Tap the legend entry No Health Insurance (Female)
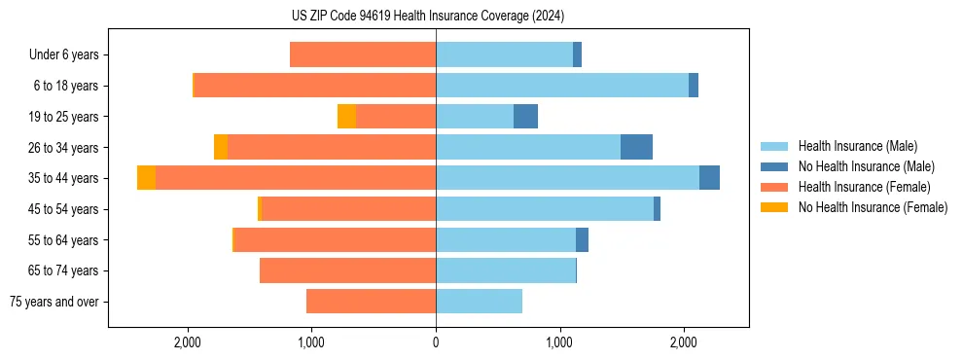(873, 207)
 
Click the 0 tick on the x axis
(436, 342)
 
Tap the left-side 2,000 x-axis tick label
(187, 342)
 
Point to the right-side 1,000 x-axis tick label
(559, 342)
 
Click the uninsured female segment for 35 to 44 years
(146, 178)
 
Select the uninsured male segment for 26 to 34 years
(636, 147)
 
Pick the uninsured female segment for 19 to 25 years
(346, 117)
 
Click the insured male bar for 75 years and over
(479, 302)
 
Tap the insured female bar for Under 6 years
(363, 55)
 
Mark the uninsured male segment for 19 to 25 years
(525, 117)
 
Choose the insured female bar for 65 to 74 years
(347, 270)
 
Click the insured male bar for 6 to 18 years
(562, 86)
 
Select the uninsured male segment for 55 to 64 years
(582, 240)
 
